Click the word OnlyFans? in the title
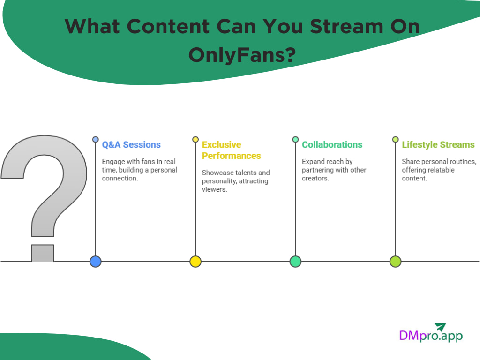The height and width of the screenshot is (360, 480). point(242,55)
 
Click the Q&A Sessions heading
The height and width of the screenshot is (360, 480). point(131,145)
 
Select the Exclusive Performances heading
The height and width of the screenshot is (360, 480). point(231,150)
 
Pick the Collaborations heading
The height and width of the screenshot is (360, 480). point(332,145)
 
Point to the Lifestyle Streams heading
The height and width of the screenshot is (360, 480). point(438,145)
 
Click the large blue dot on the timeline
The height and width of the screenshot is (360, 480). point(96,262)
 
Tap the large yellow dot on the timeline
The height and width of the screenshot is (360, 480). point(195,262)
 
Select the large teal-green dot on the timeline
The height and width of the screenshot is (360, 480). point(295,262)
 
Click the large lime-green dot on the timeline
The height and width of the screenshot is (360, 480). point(395,262)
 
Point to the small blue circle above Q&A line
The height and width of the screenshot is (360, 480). point(96,139)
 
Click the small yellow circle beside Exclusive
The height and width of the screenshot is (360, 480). point(195,139)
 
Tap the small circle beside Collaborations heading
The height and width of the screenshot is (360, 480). point(295,139)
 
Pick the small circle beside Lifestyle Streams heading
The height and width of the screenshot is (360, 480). point(395,139)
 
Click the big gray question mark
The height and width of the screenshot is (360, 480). point(45,187)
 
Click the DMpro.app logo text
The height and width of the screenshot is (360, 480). point(430,336)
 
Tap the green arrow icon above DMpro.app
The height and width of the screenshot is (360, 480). point(440,326)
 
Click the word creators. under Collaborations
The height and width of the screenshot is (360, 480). point(313,179)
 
